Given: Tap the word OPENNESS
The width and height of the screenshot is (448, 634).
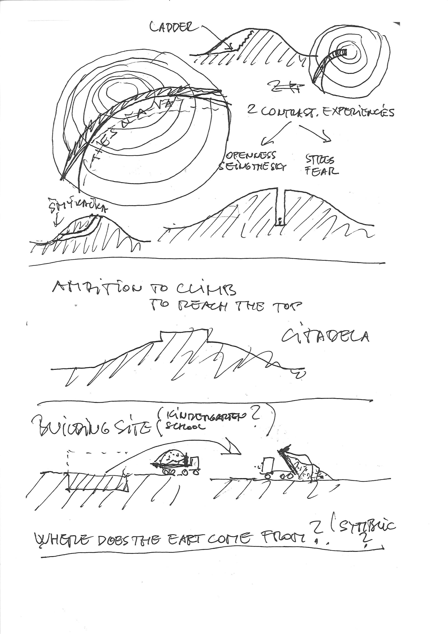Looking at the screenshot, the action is (251, 155).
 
